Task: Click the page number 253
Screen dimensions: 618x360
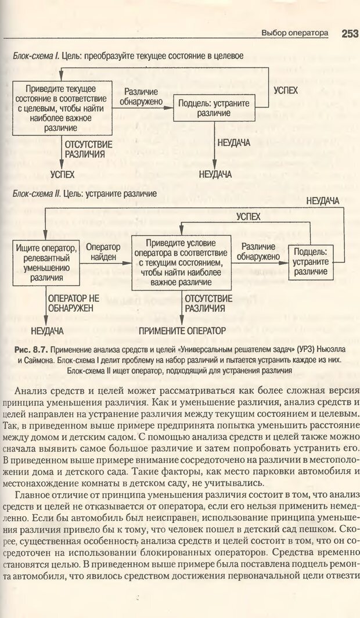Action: (350, 33)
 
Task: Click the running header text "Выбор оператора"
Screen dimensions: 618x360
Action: (295, 34)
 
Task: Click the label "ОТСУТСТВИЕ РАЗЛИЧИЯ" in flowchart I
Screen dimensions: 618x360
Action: (85, 150)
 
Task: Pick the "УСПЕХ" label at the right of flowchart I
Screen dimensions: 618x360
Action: (285, 91)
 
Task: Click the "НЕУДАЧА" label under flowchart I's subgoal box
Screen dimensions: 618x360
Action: (233, 142)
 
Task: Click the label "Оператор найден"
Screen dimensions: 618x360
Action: (103, 252)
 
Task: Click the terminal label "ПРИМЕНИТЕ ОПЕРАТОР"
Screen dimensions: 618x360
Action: (182, 331)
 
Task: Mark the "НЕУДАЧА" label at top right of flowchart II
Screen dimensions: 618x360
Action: (322, 201)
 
